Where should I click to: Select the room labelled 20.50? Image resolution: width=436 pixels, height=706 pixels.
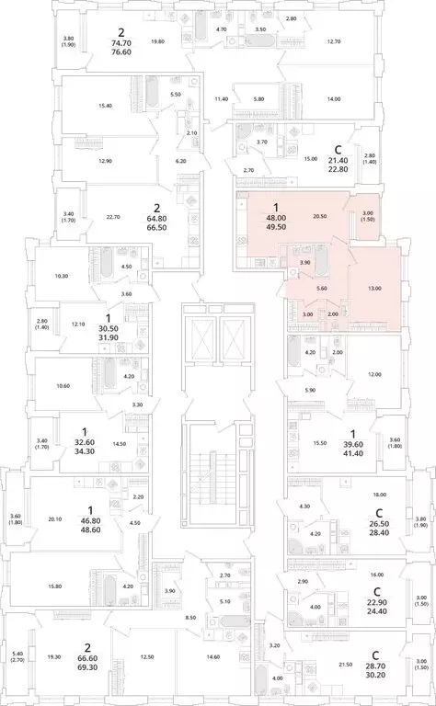[x=320, y=215]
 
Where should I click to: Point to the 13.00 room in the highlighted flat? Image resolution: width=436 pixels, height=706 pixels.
[x=374, y=289]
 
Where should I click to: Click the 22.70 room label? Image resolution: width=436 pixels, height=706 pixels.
[x=113, y=217]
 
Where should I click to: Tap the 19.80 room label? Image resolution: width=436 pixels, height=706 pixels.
[x=157, y=41]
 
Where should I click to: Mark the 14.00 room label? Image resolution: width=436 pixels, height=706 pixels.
[x=332, y=99]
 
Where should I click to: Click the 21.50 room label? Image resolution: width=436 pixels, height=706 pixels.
[x=345, y=664]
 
